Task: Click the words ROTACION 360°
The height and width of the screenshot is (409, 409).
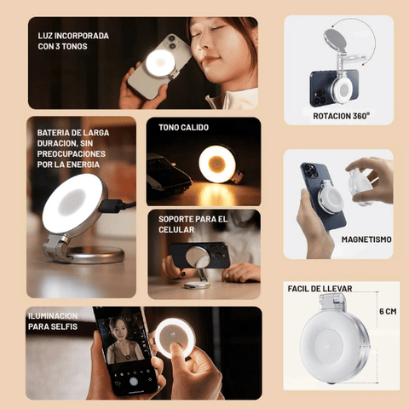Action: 341,116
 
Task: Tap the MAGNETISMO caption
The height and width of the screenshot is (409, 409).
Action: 366,239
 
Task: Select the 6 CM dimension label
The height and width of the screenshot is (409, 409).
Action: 388,312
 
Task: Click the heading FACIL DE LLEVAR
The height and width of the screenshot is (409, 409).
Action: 320,289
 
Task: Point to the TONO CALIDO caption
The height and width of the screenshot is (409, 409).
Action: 183,128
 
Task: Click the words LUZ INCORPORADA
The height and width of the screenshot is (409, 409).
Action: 73,36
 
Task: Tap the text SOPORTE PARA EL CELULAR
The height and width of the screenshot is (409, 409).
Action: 193,224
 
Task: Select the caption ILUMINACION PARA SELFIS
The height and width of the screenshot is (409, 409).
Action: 53,321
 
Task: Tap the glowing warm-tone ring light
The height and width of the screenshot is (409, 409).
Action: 217,164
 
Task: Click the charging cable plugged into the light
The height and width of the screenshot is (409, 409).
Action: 117,205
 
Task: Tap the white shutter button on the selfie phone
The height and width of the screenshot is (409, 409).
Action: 134,382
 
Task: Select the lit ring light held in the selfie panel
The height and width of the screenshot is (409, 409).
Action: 175,337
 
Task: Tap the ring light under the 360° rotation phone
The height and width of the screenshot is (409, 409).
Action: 344,89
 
